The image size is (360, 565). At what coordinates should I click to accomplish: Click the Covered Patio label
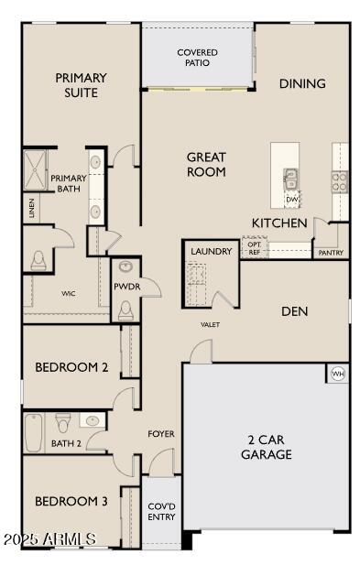click(197, 58)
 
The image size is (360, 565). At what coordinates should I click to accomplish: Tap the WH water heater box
click(337, 374)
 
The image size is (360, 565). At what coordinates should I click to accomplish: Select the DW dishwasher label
click(292, 199)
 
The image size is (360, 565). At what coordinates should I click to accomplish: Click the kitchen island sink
click(291, 178)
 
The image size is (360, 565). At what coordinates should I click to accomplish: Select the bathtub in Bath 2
click(34, 432)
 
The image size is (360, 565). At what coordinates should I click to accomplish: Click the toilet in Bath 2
click(63, 424)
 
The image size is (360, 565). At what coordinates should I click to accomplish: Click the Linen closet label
click(33, 209)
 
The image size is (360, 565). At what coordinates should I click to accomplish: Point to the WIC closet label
click(68, 294)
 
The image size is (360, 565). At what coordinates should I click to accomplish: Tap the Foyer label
click(161, 434)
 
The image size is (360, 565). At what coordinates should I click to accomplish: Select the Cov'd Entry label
click(161, 511)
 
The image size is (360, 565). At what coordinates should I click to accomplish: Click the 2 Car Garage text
click(267, 447)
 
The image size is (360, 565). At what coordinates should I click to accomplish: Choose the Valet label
click(211, 324)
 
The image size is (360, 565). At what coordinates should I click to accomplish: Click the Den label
click(294, 311)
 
